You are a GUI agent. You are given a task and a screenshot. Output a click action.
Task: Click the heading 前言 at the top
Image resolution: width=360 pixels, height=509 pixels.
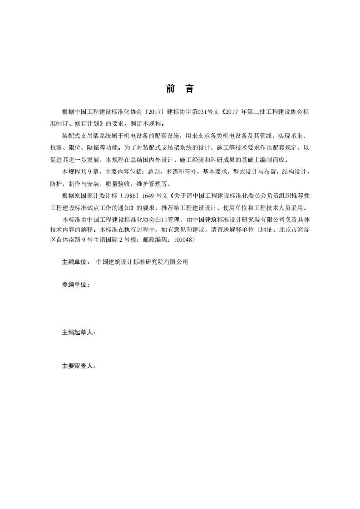coord(180,89)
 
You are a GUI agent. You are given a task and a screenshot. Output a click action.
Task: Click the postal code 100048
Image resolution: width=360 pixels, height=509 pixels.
coord(183,240)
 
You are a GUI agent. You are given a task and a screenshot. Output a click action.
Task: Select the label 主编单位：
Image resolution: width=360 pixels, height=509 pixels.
coord(76,262)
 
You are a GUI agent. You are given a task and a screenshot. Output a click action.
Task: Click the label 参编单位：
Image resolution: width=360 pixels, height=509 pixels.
coord(76,284)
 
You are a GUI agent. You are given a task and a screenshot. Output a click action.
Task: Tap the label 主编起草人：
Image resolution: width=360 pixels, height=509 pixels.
coord(79,332)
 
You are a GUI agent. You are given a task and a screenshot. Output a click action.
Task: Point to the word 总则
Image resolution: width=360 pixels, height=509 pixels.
coord(148,172)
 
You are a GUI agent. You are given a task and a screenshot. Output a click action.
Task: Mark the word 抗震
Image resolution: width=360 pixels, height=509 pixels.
coord(57,147)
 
